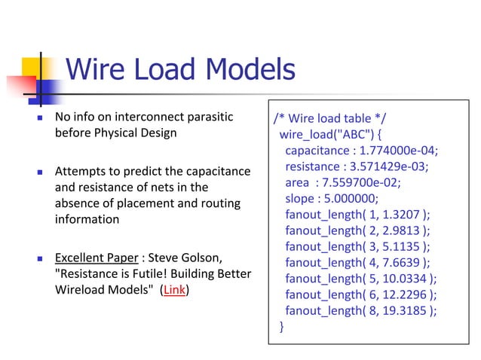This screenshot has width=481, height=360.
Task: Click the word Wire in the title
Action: point(93,70)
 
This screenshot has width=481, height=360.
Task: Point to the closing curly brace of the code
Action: point(282,326)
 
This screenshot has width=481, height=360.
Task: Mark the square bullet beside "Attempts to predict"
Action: point(39,172)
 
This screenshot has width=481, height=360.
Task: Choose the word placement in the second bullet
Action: point(142,203)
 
